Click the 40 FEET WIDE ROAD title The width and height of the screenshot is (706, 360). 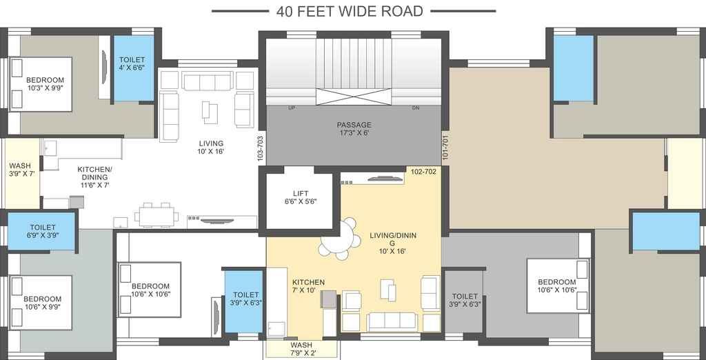pos(350,11)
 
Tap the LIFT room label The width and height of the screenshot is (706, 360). pos(301,198)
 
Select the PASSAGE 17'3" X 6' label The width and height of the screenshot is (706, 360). pos(354,128)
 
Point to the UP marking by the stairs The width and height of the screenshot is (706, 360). pos(292,108)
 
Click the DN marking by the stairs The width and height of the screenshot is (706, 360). pos(416,108)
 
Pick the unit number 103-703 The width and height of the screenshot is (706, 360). pos(260,149)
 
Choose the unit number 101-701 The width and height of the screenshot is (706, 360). pos(445,146)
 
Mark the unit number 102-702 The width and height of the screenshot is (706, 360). pos(424,171)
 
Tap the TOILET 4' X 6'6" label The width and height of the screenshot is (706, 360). pos(132,63)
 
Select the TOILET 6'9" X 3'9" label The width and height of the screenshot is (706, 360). pos(42,231)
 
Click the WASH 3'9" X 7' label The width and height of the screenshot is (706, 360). pos(20,170)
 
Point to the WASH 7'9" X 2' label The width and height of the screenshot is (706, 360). pos(301,349)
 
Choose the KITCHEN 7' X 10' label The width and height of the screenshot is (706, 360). pos(308,286)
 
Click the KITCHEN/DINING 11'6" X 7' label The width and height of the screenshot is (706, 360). pos(94,177)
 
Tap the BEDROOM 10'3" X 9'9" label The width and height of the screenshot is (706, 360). pos(45,84)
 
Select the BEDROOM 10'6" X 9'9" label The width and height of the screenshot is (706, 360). pos(42,303)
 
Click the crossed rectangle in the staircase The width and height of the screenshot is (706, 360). pos(354,97)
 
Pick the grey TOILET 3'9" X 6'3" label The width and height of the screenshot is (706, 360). pos(465,300)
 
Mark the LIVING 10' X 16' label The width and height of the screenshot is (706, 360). pos(211,148)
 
